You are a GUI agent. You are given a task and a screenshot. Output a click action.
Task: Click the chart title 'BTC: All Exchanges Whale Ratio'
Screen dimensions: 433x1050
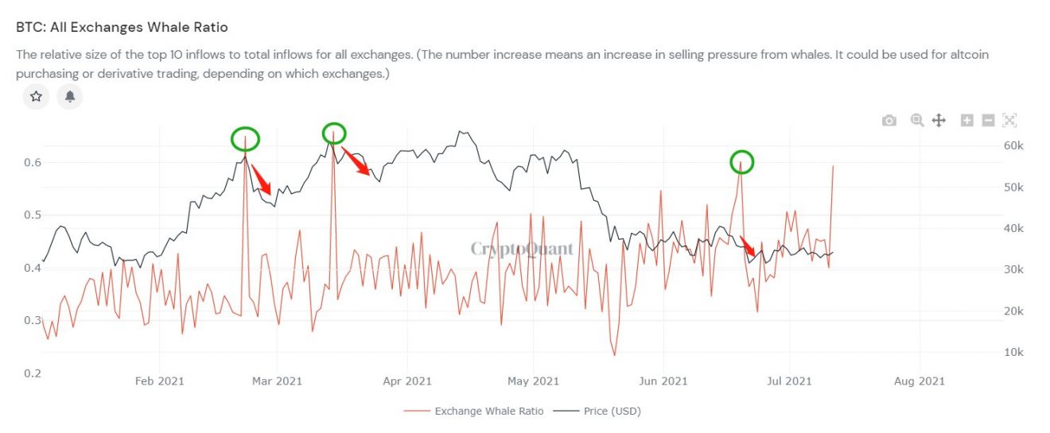point(122,28)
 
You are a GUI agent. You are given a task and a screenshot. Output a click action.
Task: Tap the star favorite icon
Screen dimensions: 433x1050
point(36,96)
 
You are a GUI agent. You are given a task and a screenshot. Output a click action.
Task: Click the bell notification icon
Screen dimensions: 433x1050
point(70,96)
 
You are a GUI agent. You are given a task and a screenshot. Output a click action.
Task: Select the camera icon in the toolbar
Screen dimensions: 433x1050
point(889,120)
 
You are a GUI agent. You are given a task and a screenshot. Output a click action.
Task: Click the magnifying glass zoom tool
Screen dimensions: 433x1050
point(917,120)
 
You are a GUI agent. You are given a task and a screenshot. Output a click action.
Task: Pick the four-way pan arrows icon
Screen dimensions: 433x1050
point(939,120)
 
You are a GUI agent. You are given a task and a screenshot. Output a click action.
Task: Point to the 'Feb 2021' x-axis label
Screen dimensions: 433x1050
point(159,381)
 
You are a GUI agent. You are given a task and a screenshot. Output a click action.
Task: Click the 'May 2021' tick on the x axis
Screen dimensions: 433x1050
point(529,381)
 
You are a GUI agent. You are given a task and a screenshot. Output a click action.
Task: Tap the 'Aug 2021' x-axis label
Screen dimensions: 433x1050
point(920,381)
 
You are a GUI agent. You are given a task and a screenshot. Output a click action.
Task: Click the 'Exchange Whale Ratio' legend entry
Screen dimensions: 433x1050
point(489,411)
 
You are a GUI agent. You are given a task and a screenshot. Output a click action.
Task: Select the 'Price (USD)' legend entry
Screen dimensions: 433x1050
point(612,411)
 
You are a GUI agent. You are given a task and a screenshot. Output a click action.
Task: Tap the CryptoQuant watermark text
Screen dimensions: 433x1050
point(522,249)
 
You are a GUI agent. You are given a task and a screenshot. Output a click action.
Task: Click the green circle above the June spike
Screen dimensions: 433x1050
point(741,163)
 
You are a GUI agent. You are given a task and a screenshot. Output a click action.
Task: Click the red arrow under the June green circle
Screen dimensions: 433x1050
point(749,245)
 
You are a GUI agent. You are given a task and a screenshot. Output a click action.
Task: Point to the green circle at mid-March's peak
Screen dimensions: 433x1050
point(334,133)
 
